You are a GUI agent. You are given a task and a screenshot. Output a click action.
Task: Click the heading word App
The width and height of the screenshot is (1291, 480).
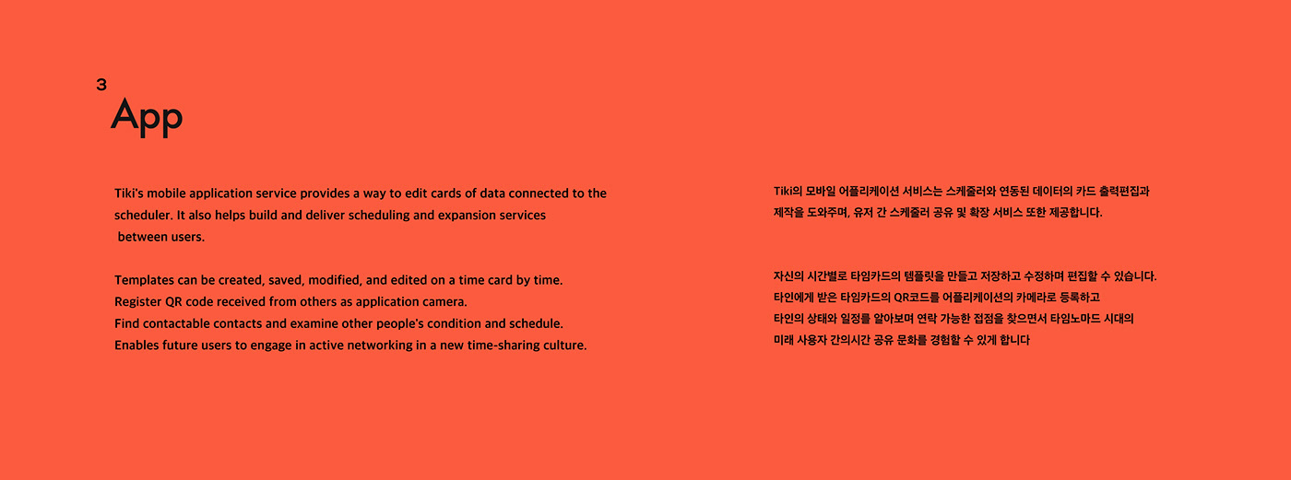click(147, 117)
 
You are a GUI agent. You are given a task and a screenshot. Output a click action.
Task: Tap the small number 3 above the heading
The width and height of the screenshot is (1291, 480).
click(101, 85)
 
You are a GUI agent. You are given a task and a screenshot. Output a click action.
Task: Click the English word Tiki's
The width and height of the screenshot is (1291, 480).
click(128, 193)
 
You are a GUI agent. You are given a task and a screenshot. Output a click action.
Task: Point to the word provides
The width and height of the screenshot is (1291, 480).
click(325, 193)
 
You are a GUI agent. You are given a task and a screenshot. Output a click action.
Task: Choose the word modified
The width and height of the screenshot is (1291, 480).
click(335, 280)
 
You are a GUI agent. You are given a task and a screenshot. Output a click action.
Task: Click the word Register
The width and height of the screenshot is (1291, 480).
click(137, 301)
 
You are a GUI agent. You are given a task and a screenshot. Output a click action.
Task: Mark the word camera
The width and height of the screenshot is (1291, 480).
click(445, 301)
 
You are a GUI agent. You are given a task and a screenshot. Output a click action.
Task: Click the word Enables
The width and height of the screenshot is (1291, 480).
click(136, 345)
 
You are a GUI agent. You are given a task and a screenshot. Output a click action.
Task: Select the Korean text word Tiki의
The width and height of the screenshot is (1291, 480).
click(788, 191)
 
